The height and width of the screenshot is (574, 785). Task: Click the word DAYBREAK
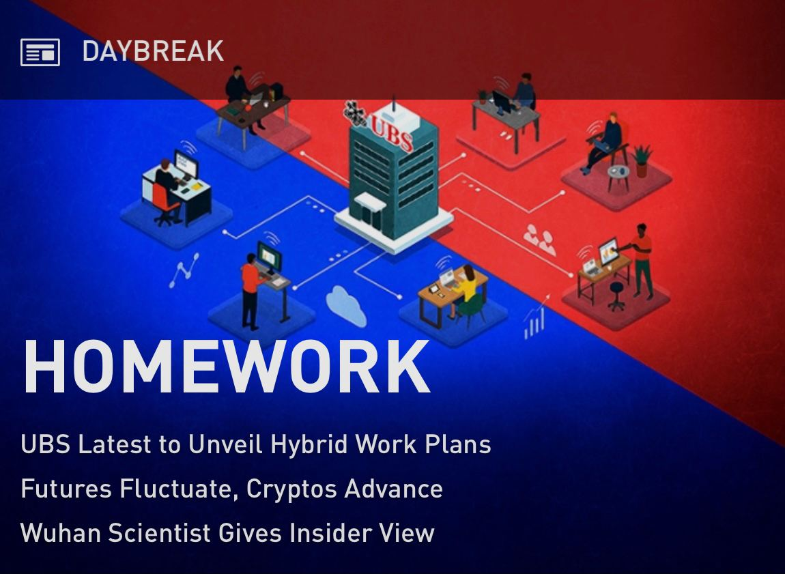click(153, 51)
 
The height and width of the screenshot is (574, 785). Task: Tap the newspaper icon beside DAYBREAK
click(40, 52)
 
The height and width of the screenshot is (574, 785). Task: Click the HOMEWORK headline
click(227, 367)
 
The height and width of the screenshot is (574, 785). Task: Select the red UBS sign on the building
click(392, 131)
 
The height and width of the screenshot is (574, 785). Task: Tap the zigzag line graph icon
click(184, 270)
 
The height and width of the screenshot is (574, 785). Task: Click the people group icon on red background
click(539, 240)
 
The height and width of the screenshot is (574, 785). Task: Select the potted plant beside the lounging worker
click(642, 160)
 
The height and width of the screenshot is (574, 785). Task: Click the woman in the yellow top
click(467, 290)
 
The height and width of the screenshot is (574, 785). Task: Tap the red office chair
click(165, 203)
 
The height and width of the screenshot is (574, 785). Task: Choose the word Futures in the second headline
click(66, 489)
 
